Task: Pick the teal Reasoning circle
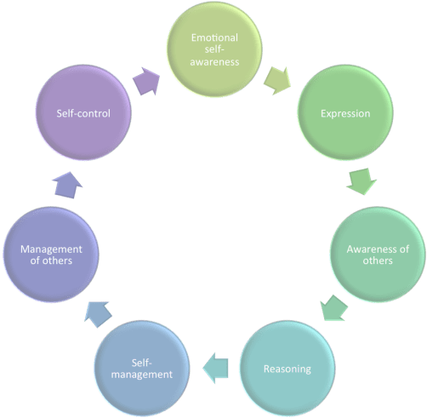point(288,369)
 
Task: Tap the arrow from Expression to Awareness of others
point(362,180)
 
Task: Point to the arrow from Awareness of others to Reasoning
point(333,308)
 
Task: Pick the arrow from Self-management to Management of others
point(95,314)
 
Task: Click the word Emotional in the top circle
point(213,37)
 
